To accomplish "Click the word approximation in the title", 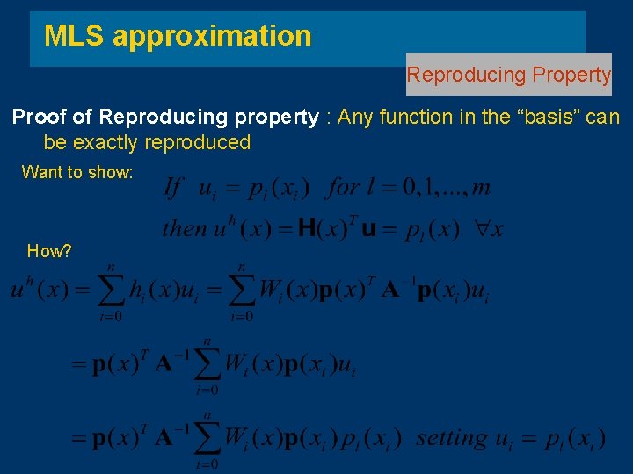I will [212, 36].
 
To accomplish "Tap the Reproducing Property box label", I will [508, 75].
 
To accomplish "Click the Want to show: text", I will [77, 172].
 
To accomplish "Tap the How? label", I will [49, 251].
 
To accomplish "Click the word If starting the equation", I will [173, 187].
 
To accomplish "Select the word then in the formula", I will [182, 229].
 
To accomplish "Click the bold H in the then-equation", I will [308, 229].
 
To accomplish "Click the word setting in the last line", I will [452, 436].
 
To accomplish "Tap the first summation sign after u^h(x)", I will [111, 291].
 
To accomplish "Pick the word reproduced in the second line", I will [205, 142].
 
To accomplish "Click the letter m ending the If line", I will [481, 188].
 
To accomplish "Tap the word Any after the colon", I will [357, 117].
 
